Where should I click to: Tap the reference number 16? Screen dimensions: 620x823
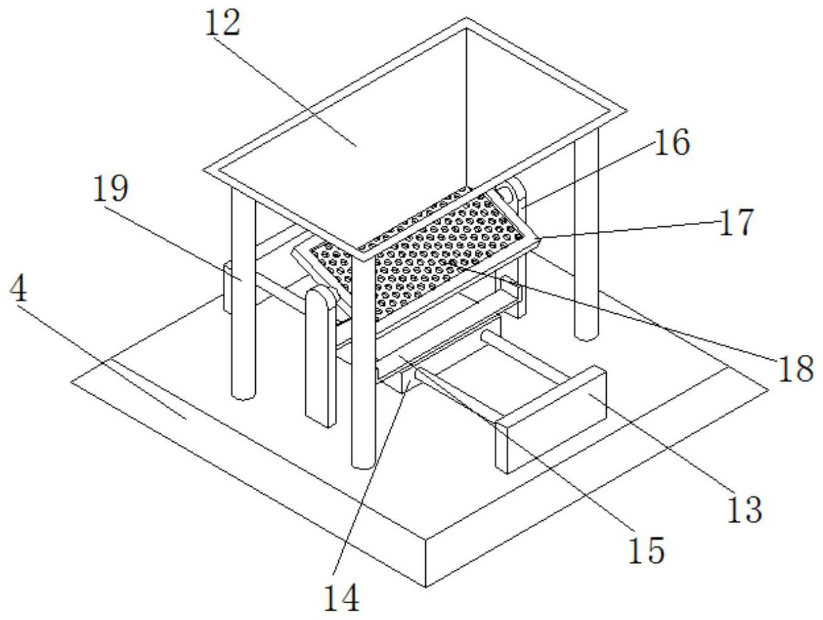(x=670, y=143)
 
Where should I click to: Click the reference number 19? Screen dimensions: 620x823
(x=110, y=189)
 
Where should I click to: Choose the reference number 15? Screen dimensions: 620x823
(x=646, y=549)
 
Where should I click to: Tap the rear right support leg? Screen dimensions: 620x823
(x=586, y=268)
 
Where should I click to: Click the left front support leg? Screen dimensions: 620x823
(x=243, y=301)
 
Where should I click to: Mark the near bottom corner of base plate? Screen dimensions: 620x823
(x=427, y=586)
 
